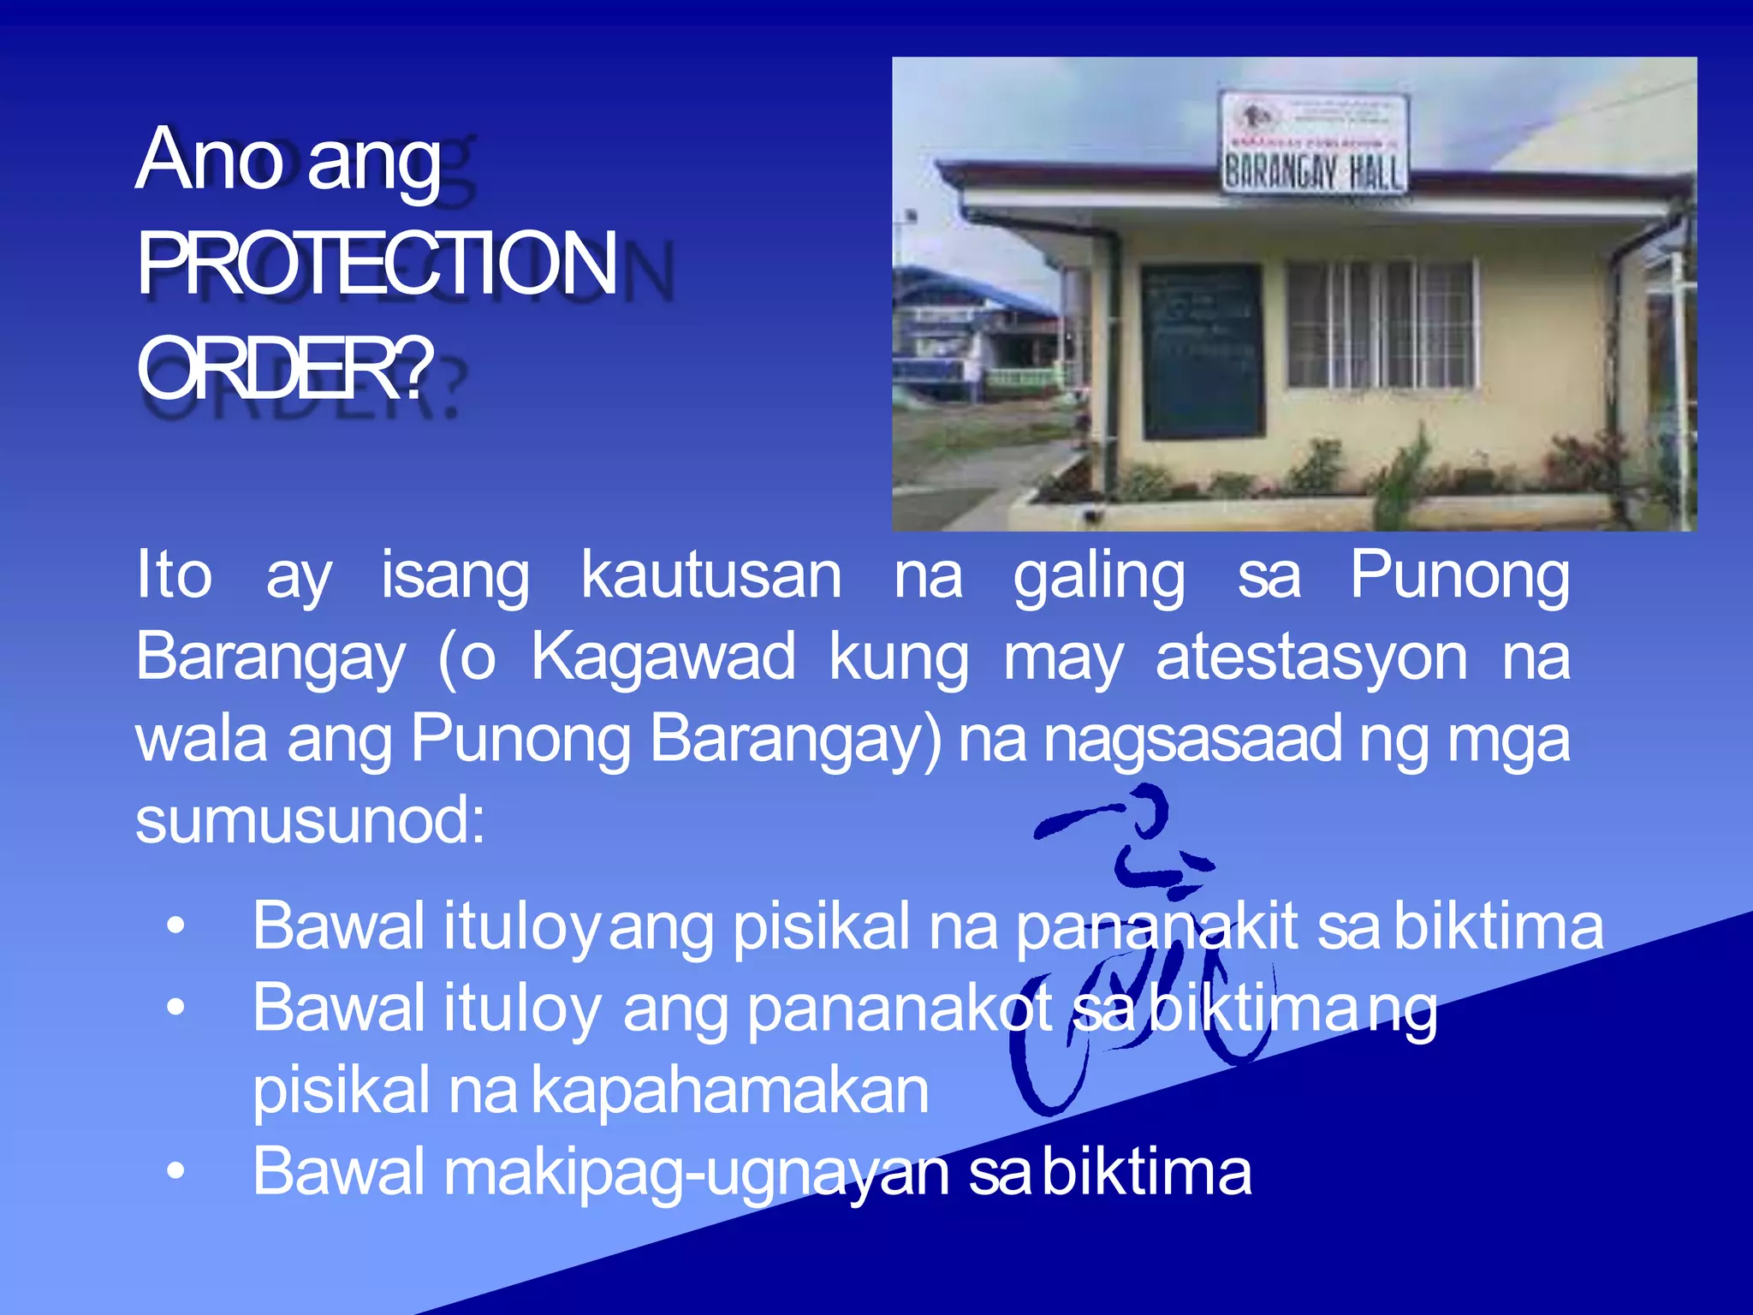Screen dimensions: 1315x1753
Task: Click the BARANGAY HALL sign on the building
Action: click(x=1313, y=172)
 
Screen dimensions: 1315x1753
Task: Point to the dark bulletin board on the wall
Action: click(x=1202, y=351)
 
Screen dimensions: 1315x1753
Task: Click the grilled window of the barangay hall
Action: click(x=1382, y=324)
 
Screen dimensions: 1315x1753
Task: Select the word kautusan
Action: click(x=711, y=576)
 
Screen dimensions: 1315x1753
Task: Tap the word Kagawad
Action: click(x=663, y=657)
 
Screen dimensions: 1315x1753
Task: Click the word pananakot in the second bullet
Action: click(x=900, y=1009)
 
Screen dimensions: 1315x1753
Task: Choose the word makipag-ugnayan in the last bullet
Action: click(x=697, y=1172)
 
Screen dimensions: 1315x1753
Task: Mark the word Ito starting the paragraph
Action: click(x=174, y=574)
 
